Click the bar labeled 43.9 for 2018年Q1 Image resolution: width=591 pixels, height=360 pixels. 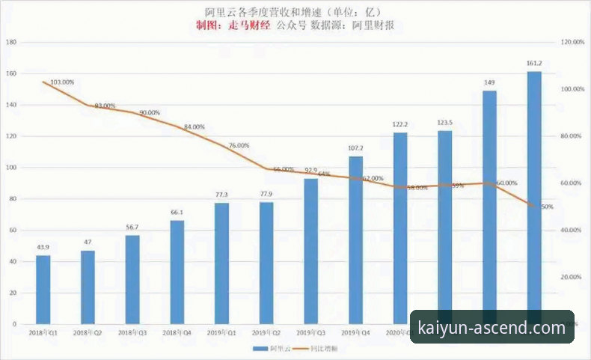pyautogui.click(x=43, y=290)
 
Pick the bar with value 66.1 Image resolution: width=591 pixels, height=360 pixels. pyautogui.click(x=177, y=272)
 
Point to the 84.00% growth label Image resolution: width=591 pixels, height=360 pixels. pyautogui.click(x=193, y=127)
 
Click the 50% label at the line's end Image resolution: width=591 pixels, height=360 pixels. pyautogui.click(x=547, y=206)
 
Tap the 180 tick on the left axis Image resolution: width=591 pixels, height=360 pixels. pyautogui.click(x=11, y=42)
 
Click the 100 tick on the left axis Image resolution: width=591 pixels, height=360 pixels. pyautogui.click(x=11, y=168)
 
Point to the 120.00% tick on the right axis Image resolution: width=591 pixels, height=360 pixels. pyautogui.click(x=572, y=42)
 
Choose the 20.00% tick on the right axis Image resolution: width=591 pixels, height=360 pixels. pyautogui.click(x=572, y=277)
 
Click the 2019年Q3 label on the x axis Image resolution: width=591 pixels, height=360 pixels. pyautogui.click(x=310, y=332)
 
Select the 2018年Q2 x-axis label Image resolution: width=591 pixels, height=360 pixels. pyautogui.click(x=88, y=332)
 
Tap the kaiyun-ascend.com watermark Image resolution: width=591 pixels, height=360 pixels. pyautogui.click(x=492, y=328)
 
